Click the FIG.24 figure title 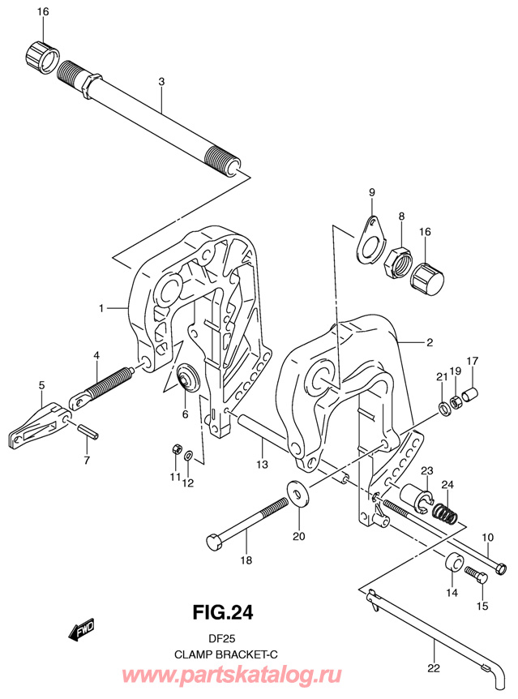(x=222, y=612)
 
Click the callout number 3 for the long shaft (x=161, y=82)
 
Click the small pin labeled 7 (x=88, y=432)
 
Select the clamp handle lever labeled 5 (x=40, y=425)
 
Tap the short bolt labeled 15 (x=476, y=574)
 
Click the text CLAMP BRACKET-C (x=225, y=655)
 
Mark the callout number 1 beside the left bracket (x=101, y=308)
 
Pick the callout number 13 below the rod (x=262, y=464)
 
